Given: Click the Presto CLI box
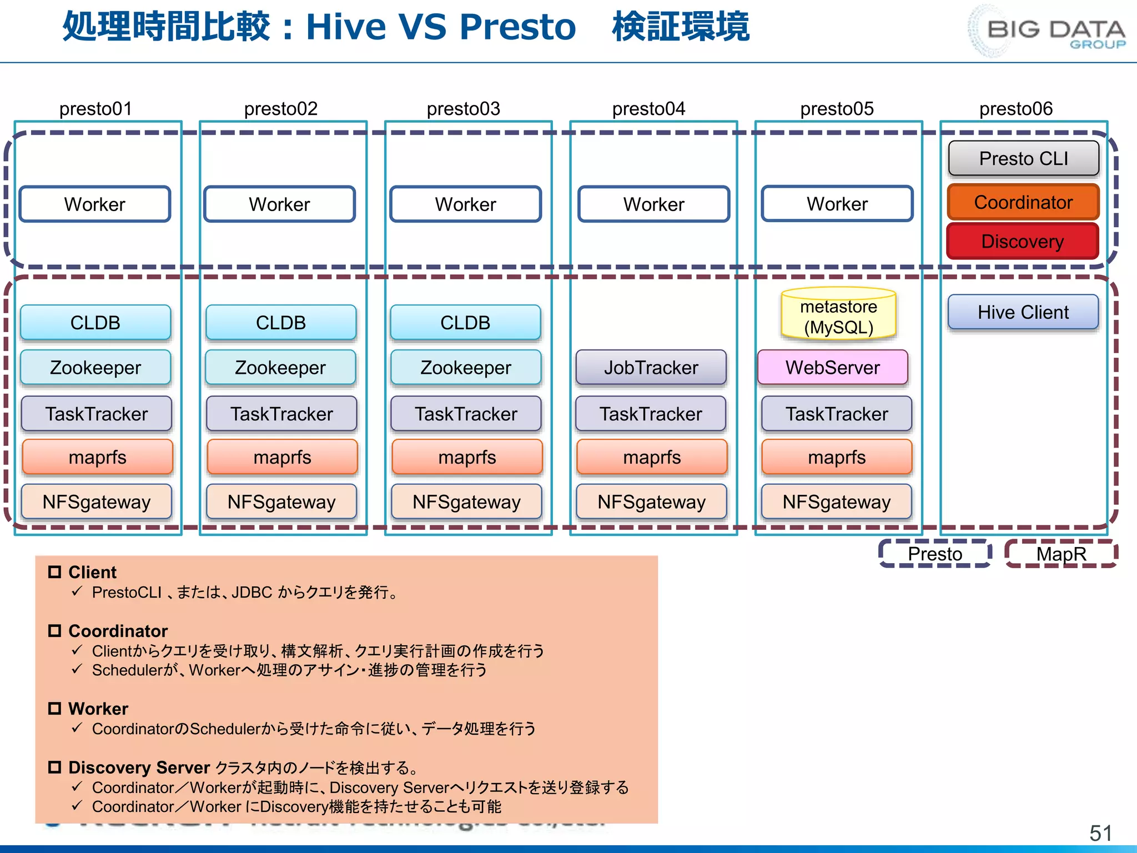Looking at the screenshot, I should coord(1023,159).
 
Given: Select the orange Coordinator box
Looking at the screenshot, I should coord(1023,203).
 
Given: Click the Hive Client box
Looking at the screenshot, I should coord(1023,312).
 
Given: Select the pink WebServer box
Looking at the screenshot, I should coord(832,368).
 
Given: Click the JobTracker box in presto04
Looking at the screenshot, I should coord(651,368).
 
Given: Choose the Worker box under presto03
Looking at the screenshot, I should coord(465,204).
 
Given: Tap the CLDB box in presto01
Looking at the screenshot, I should coord(95,323).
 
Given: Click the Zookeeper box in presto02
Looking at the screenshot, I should coord(280,368).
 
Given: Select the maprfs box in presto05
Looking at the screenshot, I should coord(837,458).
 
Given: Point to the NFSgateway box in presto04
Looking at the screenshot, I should coord(651,502).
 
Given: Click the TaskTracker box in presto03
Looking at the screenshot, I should coord(466,414).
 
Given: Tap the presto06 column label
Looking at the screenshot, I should coord(1015,109).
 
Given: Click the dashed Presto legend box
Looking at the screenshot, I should coord(935,554).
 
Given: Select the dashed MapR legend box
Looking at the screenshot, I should coord(1061,554).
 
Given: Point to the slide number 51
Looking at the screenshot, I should coord(1100,833).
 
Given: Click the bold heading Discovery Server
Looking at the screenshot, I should coord(139,767).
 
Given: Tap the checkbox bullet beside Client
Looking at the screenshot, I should coord(54,572).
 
